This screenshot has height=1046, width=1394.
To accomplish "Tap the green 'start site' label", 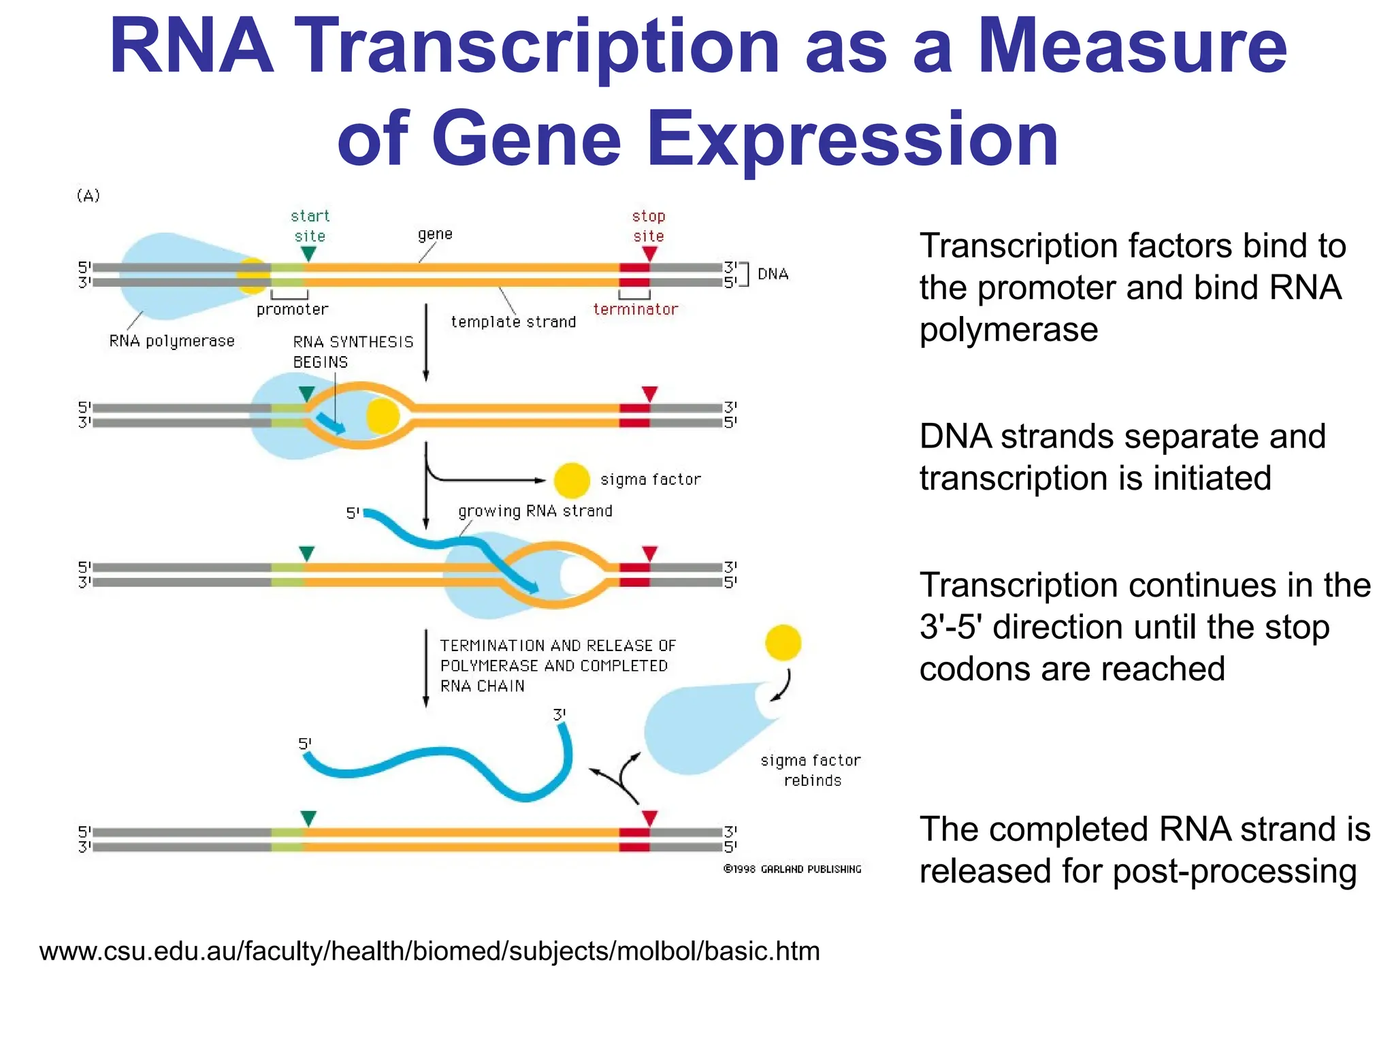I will click(310, 226).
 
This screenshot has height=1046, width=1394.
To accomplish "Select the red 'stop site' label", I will click(648, 226).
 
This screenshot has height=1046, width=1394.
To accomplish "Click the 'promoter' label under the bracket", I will click(292, 310).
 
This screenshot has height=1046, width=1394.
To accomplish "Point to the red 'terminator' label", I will click(635, 310).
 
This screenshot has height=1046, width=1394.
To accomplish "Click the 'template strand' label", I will click(513, 322).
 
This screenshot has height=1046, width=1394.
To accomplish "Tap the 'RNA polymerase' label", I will click(172, 341).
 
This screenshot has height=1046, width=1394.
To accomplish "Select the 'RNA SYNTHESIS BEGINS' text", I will click(353, 351).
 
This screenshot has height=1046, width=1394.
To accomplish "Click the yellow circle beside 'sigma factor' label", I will click(571, 481).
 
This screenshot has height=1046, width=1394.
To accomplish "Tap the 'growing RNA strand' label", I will click(535, 511).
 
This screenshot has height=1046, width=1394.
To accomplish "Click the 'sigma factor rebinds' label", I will click(811, 770).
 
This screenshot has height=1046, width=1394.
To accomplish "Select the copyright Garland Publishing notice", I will click(792, 870).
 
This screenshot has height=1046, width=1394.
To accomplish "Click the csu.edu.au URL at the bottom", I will click(429, 951).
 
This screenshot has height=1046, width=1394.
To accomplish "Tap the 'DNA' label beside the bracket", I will click(773, 274).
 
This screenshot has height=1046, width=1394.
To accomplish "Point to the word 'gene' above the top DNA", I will click(435, 235).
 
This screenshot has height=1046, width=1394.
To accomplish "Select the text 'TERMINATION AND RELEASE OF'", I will click(557, 646).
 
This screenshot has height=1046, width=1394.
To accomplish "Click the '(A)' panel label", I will click(88, 196).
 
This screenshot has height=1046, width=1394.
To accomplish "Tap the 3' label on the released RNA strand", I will click(559, 715).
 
